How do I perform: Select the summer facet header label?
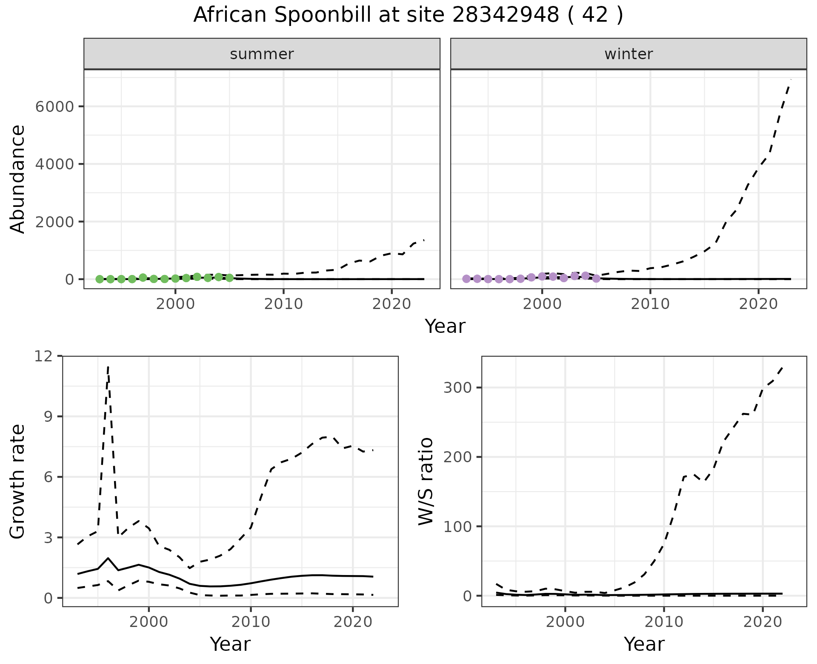tap(262, 54)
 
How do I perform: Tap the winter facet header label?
tap(628, 54)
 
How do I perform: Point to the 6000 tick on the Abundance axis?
tap(54, 106)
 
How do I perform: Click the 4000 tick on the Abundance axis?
tap(54, 164)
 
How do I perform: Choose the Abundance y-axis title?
tap(18, 179)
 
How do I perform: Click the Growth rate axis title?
tap(18, 482)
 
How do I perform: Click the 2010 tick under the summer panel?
tap(283, 304)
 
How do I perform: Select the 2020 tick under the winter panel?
tap(758, 304)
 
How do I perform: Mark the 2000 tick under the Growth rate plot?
tap(149, 622)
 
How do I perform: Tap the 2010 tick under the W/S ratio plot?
tap(663, 622)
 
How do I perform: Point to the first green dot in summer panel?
tap(100, 279)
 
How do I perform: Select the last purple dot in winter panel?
tap(596, 278)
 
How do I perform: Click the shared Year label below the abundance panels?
tap(445, 326)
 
